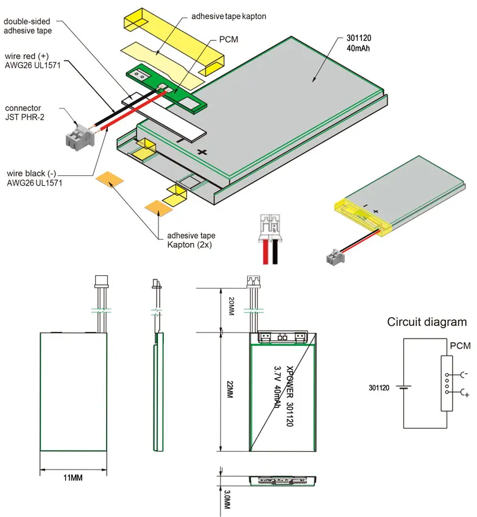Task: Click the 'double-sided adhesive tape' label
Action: [x=28, y=26]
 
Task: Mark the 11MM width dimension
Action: [x=73, y=477]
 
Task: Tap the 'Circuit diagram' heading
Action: [x=426, y=322]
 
